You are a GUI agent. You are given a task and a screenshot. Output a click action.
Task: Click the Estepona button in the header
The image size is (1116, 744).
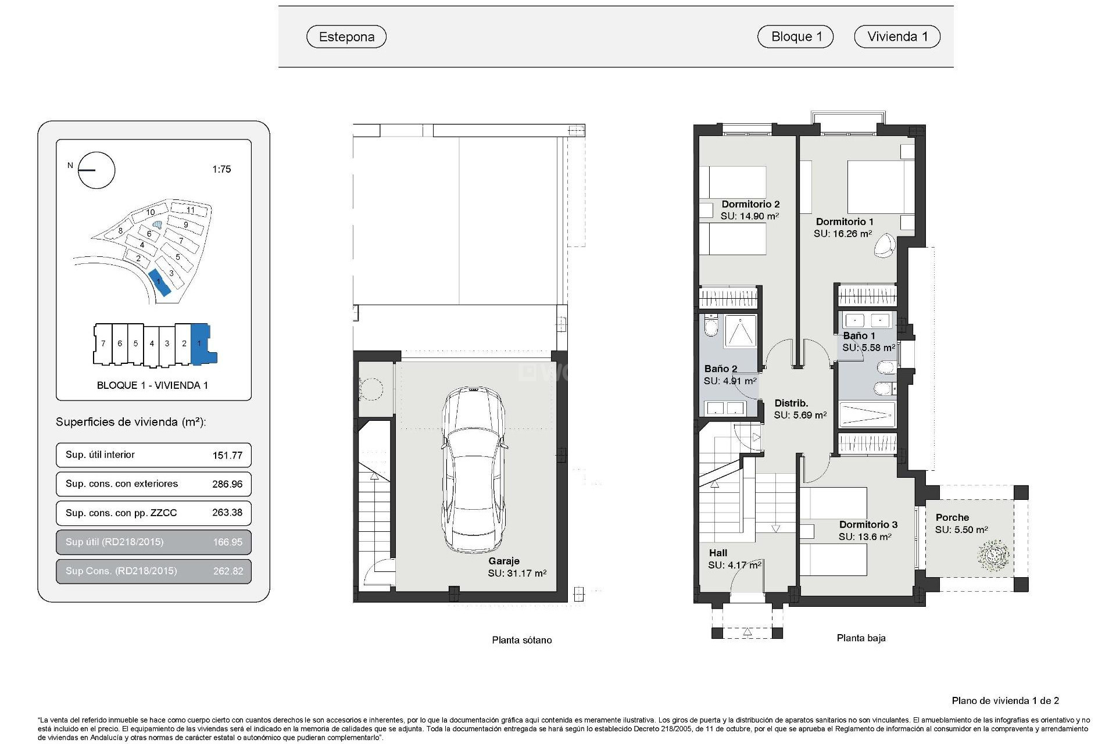pyautogui.click(x=346, y=37)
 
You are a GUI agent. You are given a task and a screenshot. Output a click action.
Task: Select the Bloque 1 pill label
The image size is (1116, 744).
pyautogui.click(x=796, y=37)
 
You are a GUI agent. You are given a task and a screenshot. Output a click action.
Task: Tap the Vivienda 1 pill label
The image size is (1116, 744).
pyautogui.click(x=897, y=37)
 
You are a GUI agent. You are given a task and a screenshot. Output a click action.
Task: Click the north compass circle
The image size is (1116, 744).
pyautogui.click(x=97, y=170)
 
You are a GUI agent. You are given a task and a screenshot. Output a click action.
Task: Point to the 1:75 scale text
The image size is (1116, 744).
pyautogui.click(x=221, y=169)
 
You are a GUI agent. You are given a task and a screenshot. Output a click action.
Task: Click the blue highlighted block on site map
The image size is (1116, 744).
pyautogui.click(x=159, y=283)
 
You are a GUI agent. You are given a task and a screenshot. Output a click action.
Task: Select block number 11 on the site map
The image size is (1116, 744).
pyautogui.click(x=189, y=210)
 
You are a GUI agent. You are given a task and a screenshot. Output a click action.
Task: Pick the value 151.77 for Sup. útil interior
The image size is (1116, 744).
pyautogui.click(x=227, y=455)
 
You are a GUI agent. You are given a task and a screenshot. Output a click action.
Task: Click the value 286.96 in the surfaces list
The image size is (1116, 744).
pyautogui.click(x=227, y=484)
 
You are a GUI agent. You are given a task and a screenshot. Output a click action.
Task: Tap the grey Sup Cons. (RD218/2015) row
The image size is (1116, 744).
pyautogui.click(x=153, y=571)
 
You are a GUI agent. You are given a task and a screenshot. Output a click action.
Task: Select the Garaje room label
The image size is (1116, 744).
pyautogui.click(x=503, y=561)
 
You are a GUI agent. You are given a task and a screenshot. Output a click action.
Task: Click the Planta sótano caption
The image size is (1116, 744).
pyautogui.click(x=521, y=640)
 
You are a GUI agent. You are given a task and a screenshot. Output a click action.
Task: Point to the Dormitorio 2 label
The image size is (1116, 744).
pyautogui.click(x=750, y=204)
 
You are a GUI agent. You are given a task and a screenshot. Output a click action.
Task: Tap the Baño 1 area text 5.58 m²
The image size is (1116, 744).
pyautogui.click(x=868, y=348)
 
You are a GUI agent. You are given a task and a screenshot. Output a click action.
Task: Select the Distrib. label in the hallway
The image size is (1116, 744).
pyautogui.click(x=791, y=403)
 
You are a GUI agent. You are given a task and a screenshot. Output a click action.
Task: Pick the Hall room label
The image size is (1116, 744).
pyautogui.click(x=718, y=553)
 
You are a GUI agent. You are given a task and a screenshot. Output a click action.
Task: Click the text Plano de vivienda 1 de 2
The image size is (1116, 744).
pyautogui.click(x=1005, y=700)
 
